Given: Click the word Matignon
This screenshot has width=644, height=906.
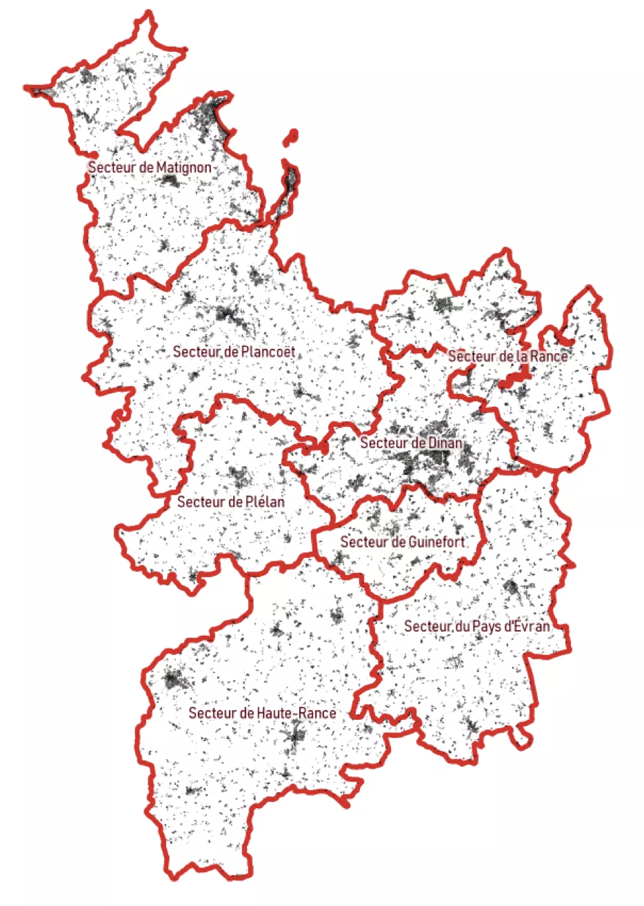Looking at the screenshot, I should pyautogui.click(x=183, y=168).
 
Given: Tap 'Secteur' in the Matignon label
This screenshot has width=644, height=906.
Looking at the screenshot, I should pyautogui.click(x=112, y=168).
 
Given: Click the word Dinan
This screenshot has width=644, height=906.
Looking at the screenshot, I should pyautogui.click(x=445, y=443).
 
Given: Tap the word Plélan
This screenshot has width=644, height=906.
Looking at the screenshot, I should pyautogui.click(x=265, y=502).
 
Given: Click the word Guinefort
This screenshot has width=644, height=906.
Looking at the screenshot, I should pyautogui.click(x=436, y=542).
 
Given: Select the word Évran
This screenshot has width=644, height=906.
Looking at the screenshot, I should pyautogui.click(x=532, y=626).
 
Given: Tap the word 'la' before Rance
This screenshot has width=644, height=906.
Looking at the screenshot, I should pyautogui.click(x=522, y=356).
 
